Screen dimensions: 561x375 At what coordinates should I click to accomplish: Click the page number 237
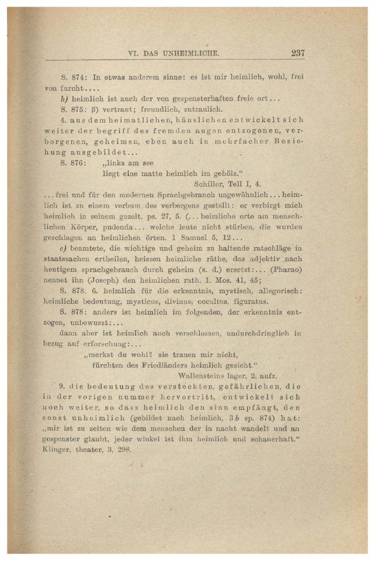point(297,53)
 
